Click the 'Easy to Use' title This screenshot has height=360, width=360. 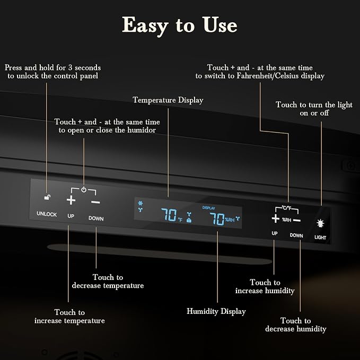coord(180,25)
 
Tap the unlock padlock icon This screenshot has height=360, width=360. coord(47,197)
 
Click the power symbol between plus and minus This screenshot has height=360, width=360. coord(84,190)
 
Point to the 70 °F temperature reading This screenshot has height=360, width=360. coord(171,215)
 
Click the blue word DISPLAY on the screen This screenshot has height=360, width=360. coord(208,208)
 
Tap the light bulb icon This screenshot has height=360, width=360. coord(320,223)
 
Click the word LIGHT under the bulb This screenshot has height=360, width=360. coord(320,238)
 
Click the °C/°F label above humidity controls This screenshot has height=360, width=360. coord(286,208)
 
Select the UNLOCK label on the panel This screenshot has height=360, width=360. coord(47,214)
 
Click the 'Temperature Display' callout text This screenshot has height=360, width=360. coord(168,100)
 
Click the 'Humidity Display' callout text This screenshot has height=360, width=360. coord(216,312)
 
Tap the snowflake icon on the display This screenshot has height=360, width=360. coord(141,203)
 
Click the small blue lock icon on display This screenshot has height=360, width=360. coord(189,220)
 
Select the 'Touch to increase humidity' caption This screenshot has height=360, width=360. coord(265,286)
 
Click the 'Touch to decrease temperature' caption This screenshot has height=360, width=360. coord(108,281)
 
